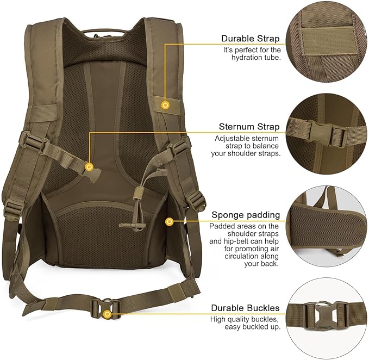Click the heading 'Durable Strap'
coord(250,39)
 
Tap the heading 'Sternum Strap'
coord(249,127)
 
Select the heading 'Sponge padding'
coord(246,215)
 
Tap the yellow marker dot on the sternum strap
coord(90,167)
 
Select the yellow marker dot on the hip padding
coord(170,221)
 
